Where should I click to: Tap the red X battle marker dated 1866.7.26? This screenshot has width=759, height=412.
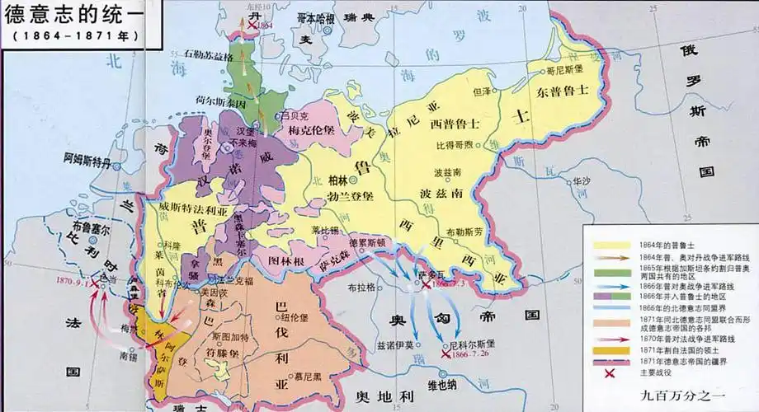(446, 353)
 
